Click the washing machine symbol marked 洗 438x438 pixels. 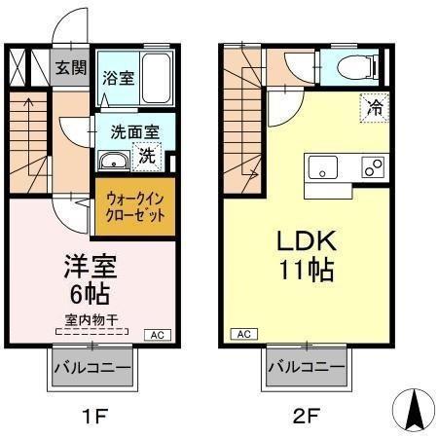pos(146,153)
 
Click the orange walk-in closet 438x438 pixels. pos(134,205)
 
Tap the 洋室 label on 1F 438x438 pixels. pos(85,264)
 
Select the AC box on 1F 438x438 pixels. pos(156,335)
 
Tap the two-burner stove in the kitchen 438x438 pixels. pos(371,167)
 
